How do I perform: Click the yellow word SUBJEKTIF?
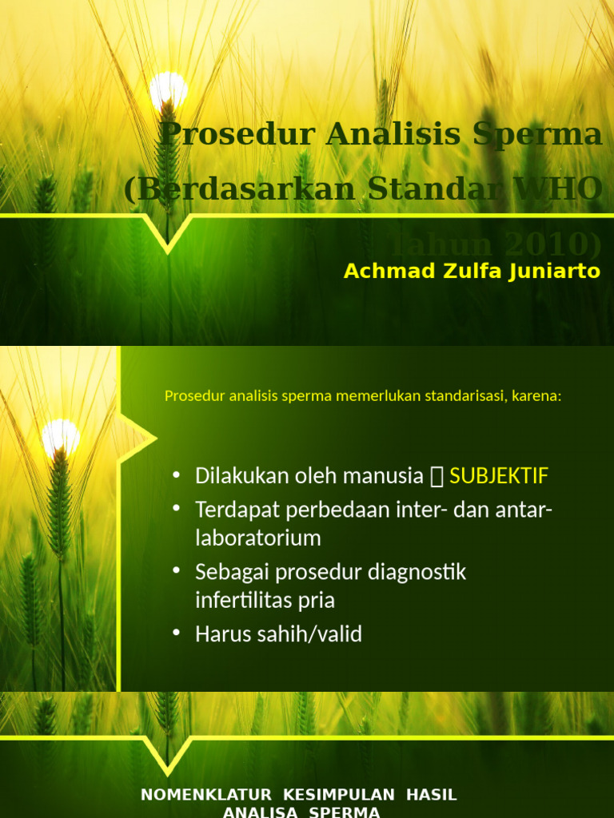click(499, 476)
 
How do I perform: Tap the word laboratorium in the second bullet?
click(258, 538)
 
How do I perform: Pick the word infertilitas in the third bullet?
click(241, 600)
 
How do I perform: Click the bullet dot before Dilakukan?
click(177, 476)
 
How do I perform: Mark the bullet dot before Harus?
click(177, 634)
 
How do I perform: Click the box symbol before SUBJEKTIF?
click(437, 477)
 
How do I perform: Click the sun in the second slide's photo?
click(61, 436)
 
